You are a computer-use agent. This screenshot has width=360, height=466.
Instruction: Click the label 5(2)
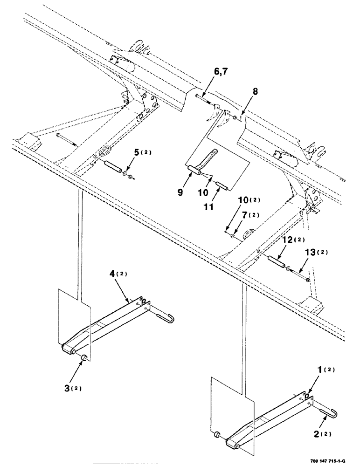pyautogui.click(x=140, y=152)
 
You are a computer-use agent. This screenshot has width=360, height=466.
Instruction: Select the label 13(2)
pyautogui.click(x=316, y=252)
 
